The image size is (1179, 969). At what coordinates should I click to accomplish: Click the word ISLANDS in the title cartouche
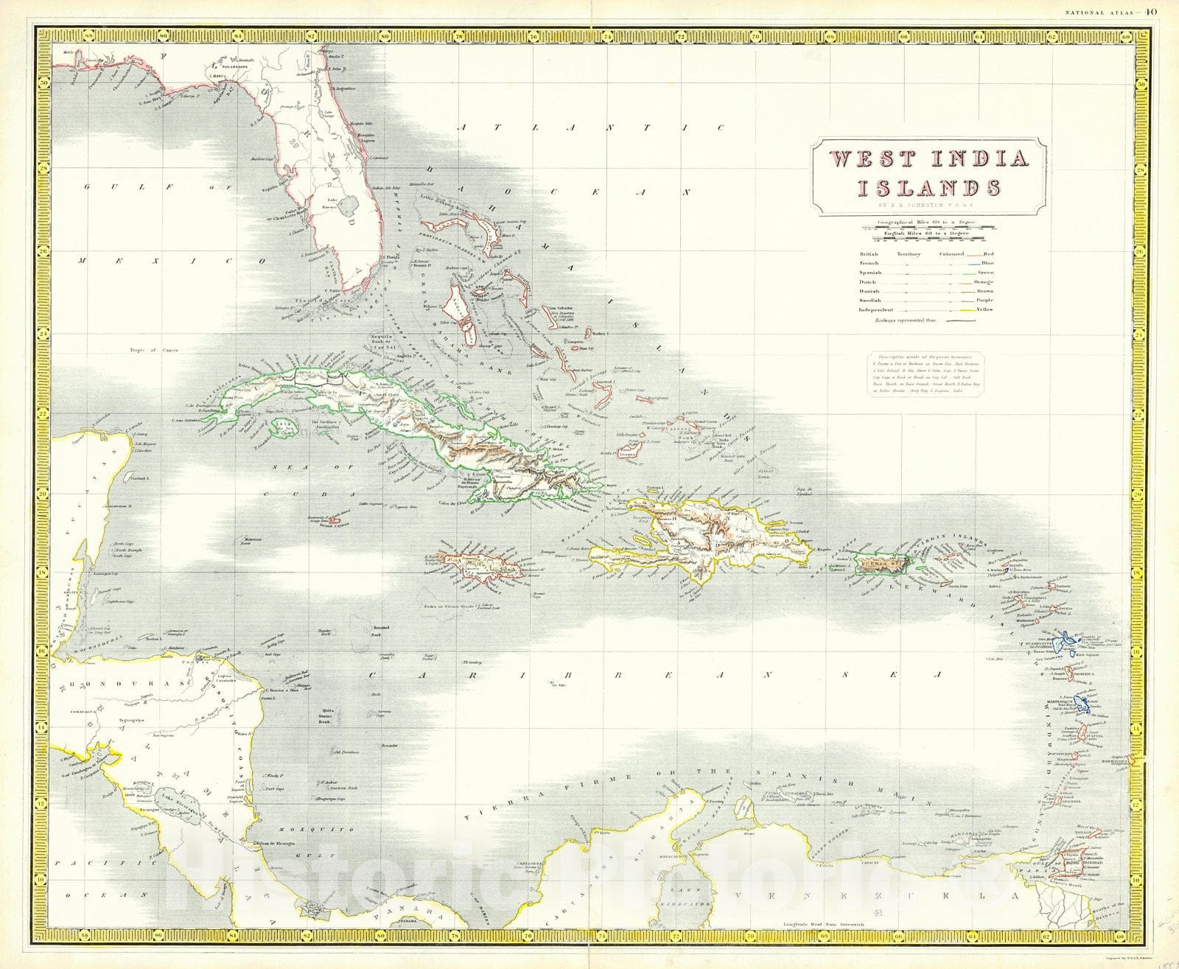[934, 187]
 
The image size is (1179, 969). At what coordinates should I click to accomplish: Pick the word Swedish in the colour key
[870, 300]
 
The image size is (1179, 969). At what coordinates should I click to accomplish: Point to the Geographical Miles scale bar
[928, 226]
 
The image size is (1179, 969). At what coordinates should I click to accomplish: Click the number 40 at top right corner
[1152, 10]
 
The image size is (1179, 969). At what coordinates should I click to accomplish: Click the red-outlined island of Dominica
[1073, 672]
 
